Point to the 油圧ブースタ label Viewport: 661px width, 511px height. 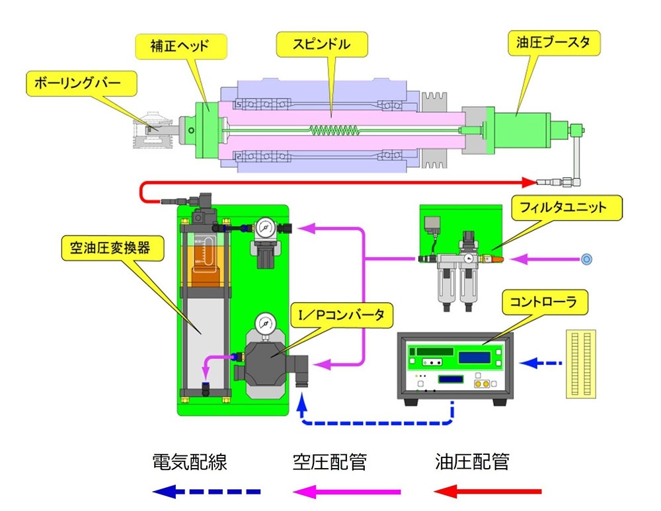coord(557,44)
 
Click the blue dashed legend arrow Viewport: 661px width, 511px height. coord(206,491)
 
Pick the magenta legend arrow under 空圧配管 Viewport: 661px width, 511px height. coord(346,491)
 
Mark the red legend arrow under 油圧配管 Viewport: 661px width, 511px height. coord(487,491)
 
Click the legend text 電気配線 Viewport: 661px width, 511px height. coord(190,462)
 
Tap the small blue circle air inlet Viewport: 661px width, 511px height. coord(586,258)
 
